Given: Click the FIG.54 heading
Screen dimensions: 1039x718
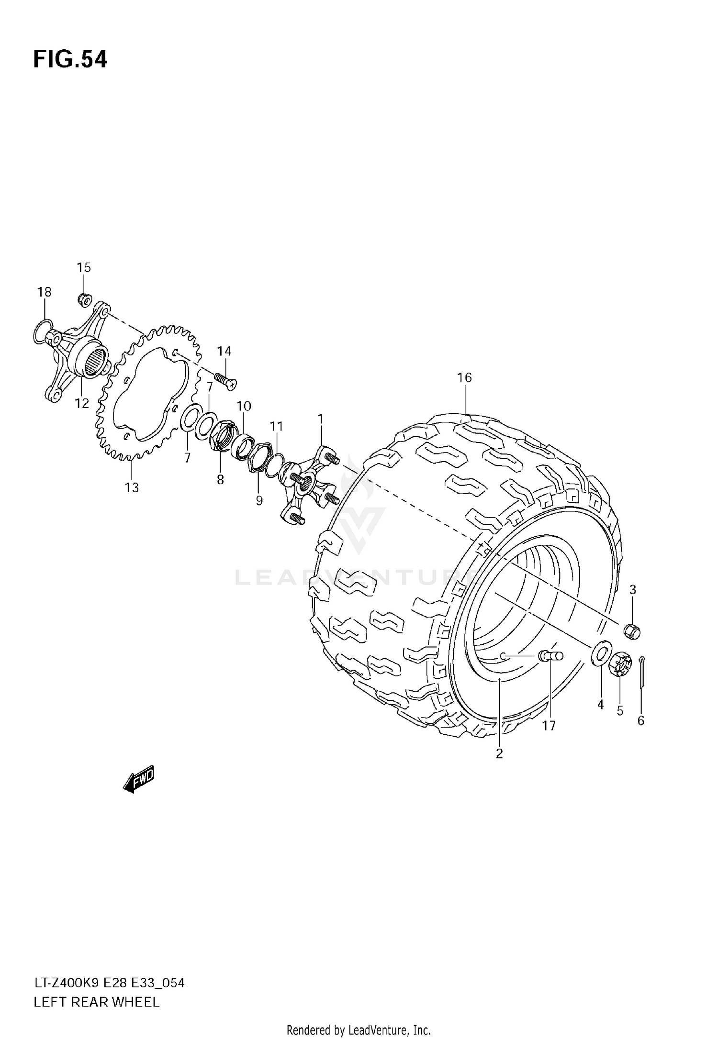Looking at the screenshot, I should click(70, 60).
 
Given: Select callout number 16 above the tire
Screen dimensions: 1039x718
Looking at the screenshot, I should click(464, 378).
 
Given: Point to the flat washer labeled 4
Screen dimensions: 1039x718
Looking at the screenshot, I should click(600, 653).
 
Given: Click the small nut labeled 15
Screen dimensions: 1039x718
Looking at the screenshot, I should click(85, 300).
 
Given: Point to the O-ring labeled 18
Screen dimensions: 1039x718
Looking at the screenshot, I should click(43, 332).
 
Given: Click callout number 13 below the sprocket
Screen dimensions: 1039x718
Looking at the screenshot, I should click(132, 487).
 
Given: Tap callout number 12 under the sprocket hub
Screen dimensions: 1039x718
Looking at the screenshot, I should click(82, 403).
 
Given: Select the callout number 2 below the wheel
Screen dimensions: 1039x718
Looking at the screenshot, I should click(499, 754).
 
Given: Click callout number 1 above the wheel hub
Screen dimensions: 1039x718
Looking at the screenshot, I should click(320, 420).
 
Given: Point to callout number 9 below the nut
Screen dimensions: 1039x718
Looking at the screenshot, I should click(259, 500).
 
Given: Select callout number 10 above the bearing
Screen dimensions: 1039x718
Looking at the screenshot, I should click(244, 406).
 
